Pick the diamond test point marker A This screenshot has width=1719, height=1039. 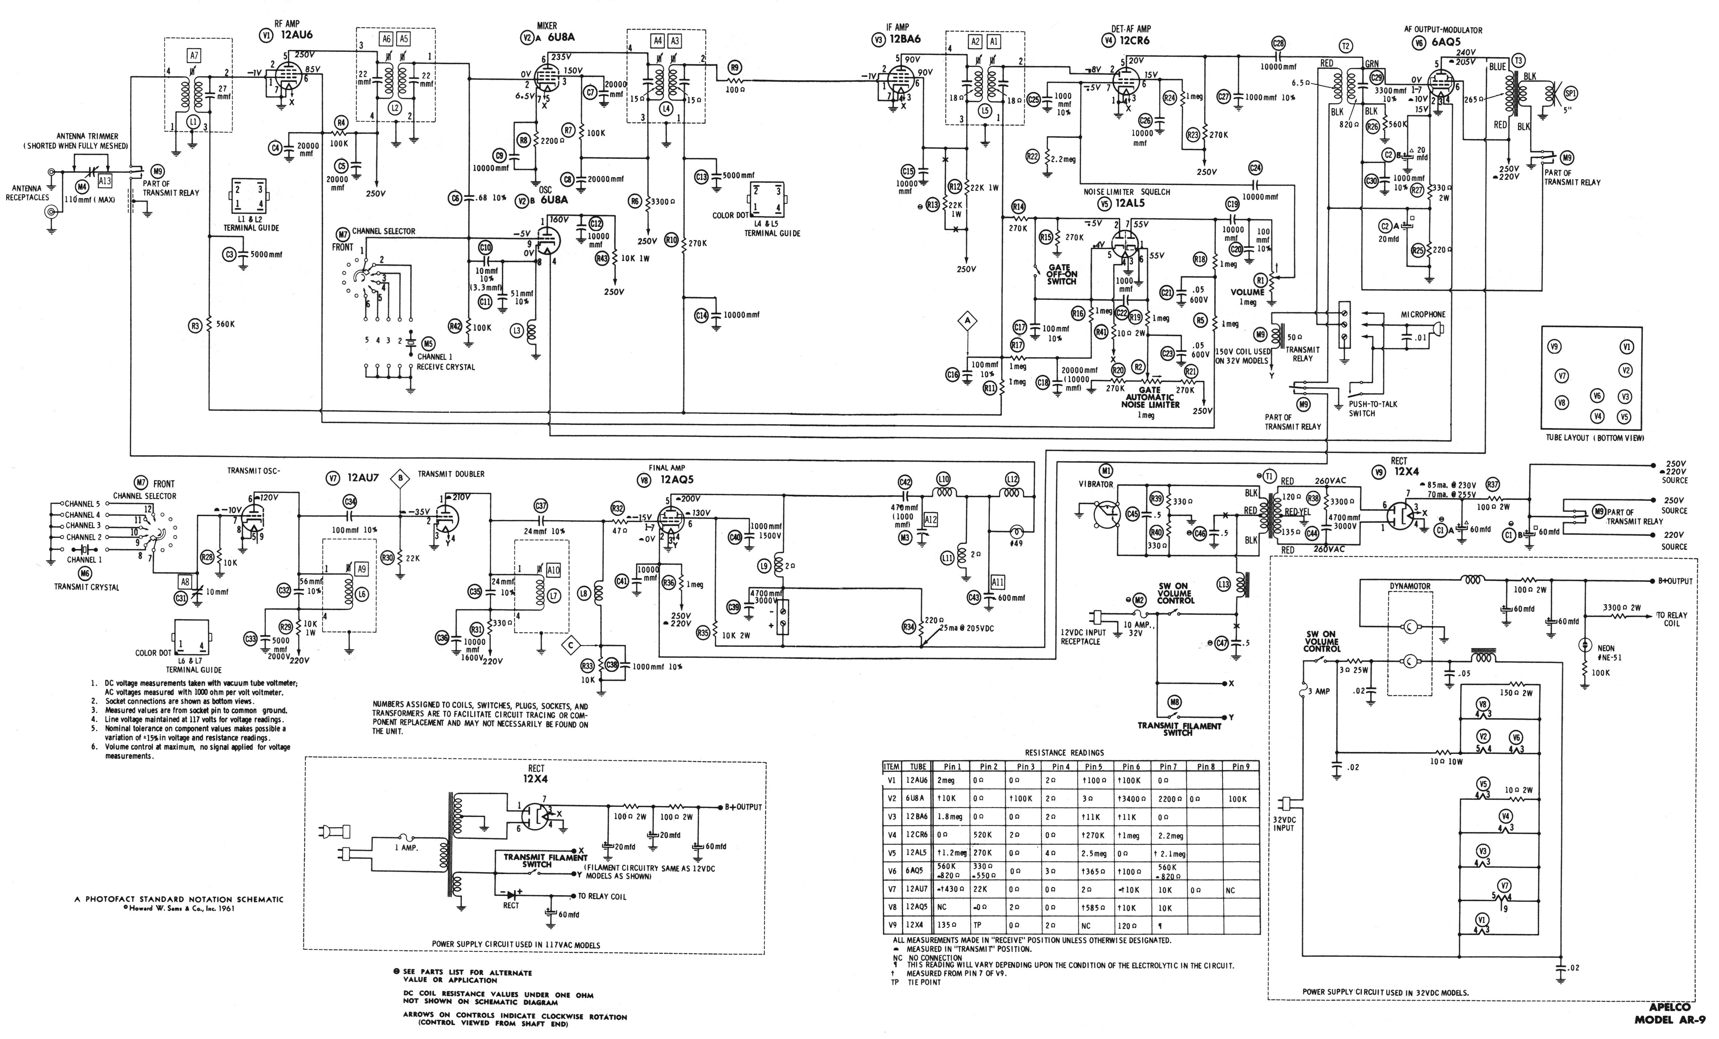coord(967,322)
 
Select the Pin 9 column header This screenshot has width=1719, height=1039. coord(1240,766)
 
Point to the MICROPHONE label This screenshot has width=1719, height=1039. coord(1423,315)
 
